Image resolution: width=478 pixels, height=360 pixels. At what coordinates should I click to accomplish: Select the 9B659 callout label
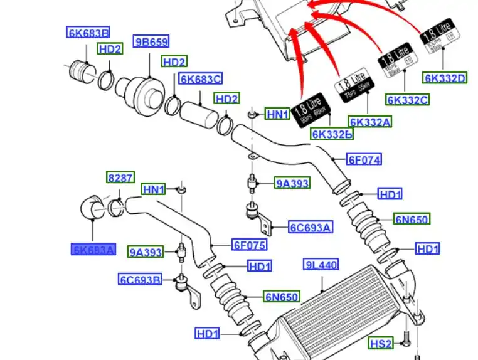coord(151,42)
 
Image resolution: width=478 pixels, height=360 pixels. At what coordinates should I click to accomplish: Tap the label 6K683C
coord(200,79)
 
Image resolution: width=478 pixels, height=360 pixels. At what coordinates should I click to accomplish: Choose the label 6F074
coord(363,159)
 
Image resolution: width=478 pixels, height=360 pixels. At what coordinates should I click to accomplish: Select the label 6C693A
coord(310,227)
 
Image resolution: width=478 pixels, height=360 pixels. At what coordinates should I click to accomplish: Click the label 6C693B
coord(140,278)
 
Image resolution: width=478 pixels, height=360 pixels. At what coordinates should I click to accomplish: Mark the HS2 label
coord(380,343)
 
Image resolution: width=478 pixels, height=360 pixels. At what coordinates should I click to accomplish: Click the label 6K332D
coord(445,78)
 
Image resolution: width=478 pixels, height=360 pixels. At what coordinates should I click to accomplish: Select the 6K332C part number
coord(407,100)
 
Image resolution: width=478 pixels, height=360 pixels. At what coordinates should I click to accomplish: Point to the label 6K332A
coord(369,122)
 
